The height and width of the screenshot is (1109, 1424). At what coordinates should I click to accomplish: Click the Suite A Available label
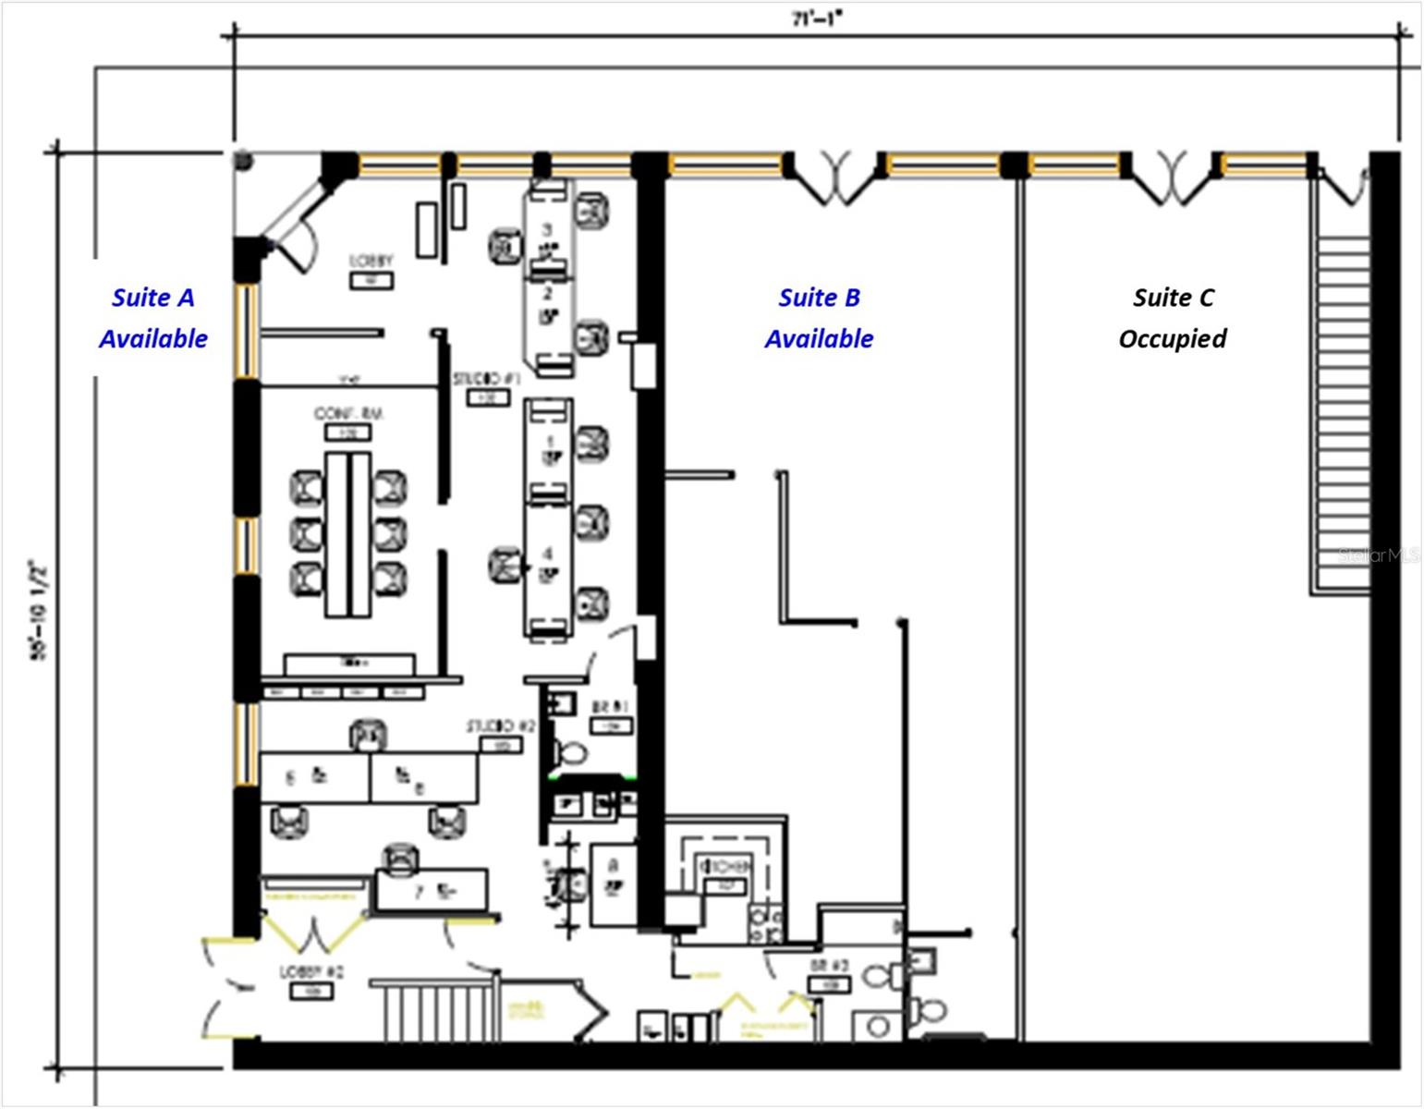click(x=153, y=318)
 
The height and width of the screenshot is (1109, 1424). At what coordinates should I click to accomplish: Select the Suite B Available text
click(x=819, y=318)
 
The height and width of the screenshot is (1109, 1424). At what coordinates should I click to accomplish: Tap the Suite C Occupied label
click(x=1173, y=318)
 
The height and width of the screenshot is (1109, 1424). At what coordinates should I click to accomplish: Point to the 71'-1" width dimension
click(x=817, y=18)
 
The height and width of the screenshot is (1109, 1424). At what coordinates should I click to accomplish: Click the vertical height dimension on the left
click(x=39, y=610)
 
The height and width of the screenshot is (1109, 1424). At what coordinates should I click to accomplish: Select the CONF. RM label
click(x=347, y=414)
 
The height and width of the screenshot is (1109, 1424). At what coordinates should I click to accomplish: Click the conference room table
click(x=347, y=534)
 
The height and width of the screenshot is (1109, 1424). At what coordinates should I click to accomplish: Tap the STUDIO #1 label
click(x=487, y=380)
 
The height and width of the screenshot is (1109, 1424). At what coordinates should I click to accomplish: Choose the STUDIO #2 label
click(x=500, y=726)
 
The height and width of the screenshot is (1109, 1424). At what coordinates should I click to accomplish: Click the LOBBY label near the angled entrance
click(x=371, y=262)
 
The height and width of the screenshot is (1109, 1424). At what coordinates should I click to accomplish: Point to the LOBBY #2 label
click(x=311, y=973)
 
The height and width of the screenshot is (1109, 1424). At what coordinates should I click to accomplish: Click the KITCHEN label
click(x=725, y=867)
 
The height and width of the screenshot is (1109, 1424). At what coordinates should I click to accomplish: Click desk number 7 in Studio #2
click(x=432, y=890)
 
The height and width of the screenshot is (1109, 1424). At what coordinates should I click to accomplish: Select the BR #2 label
click(x=829, y=966)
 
